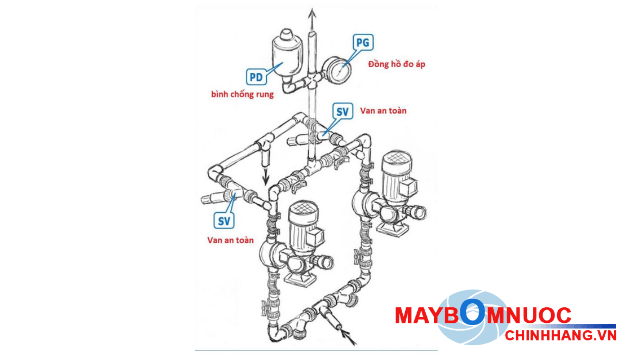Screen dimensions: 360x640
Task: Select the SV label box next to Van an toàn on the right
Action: [x=339, y=111]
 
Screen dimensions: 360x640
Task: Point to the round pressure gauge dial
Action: [x=341, y=73]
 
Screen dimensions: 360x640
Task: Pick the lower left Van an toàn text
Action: [x=231, y=240]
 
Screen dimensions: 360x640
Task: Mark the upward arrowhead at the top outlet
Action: [x=313, y=12]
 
